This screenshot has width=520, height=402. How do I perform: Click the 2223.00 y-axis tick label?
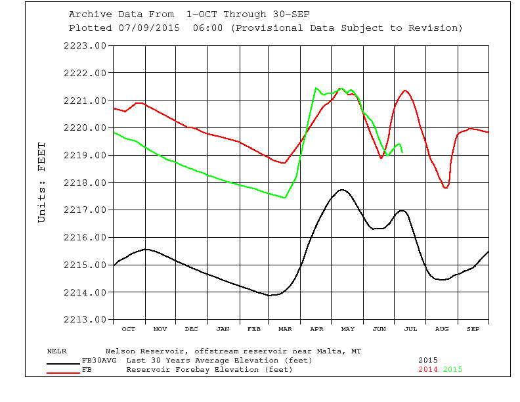(85, 45)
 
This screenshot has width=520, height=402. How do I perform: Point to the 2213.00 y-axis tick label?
(85, 320)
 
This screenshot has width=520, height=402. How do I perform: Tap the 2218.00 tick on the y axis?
(85, 183)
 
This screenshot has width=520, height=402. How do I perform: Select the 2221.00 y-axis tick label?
(85, 100)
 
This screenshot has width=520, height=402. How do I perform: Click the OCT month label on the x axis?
(129, 328)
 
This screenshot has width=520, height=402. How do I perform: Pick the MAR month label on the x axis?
(286, 328)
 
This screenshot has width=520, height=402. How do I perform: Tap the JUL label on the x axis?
(411, 328)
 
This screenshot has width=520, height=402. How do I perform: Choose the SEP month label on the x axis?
(473, 328)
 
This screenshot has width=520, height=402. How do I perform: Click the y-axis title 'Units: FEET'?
(42, 182)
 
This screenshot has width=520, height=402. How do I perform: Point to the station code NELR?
(57, 351)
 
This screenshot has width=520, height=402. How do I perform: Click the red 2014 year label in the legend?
(429, 370)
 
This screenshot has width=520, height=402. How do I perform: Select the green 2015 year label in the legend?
(453, 370)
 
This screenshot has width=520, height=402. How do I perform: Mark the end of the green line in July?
(402, 152)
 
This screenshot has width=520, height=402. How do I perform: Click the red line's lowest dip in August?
(446, 188)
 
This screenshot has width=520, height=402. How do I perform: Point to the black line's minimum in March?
(269, 295)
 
